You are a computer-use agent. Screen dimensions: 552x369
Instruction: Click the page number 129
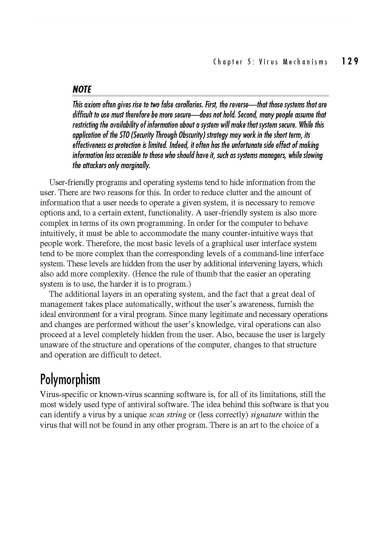tap(350, 61)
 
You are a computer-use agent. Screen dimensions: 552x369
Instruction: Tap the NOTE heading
tap(82, 89)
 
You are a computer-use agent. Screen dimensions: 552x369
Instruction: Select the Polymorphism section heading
tap(70, 380)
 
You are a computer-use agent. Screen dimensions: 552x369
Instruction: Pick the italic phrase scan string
tap(168, 415)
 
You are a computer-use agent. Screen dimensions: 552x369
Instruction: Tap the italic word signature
tap(266, 415)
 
